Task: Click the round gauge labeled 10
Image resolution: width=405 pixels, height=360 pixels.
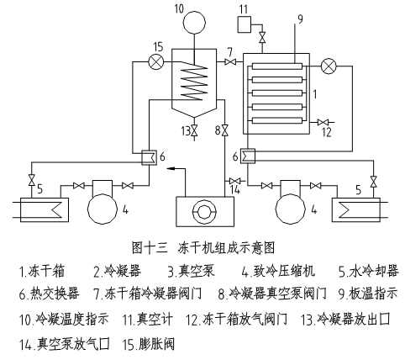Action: click(x=197, y=19)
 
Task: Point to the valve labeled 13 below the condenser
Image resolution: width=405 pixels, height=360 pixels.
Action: click(x=195, y=131)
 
